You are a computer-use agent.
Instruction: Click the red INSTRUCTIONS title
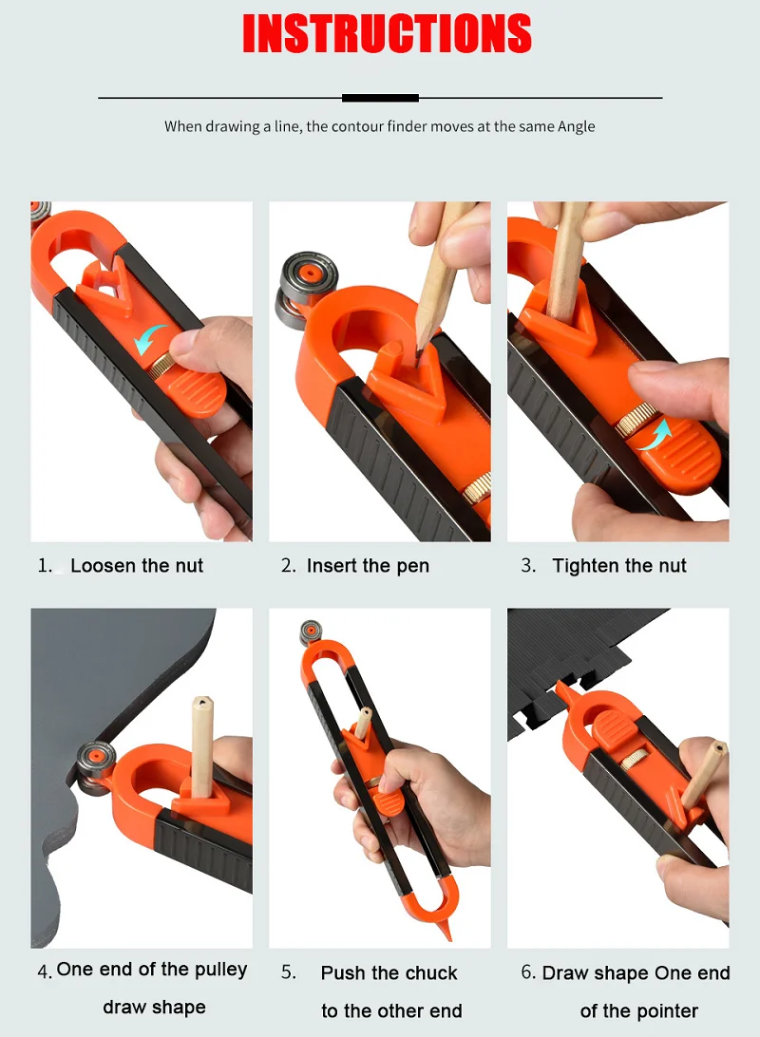[x=387, y=33]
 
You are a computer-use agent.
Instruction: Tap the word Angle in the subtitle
[x=576, y=126]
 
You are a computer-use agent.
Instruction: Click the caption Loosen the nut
[x=137, y=566]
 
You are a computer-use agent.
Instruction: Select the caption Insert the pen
[x=368, y=566]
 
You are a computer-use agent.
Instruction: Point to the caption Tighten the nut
[x=619, y=566]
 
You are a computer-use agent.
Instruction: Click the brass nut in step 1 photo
[x=160, y=367]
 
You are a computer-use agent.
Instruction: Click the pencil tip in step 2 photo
[x=419, y=353]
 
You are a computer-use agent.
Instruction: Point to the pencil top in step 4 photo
[x=201, y=703]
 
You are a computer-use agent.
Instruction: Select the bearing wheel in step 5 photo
[x=311, y=632]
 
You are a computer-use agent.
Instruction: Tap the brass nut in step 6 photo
[x=634, y=762]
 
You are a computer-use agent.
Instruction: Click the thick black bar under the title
[x=380, y=98]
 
